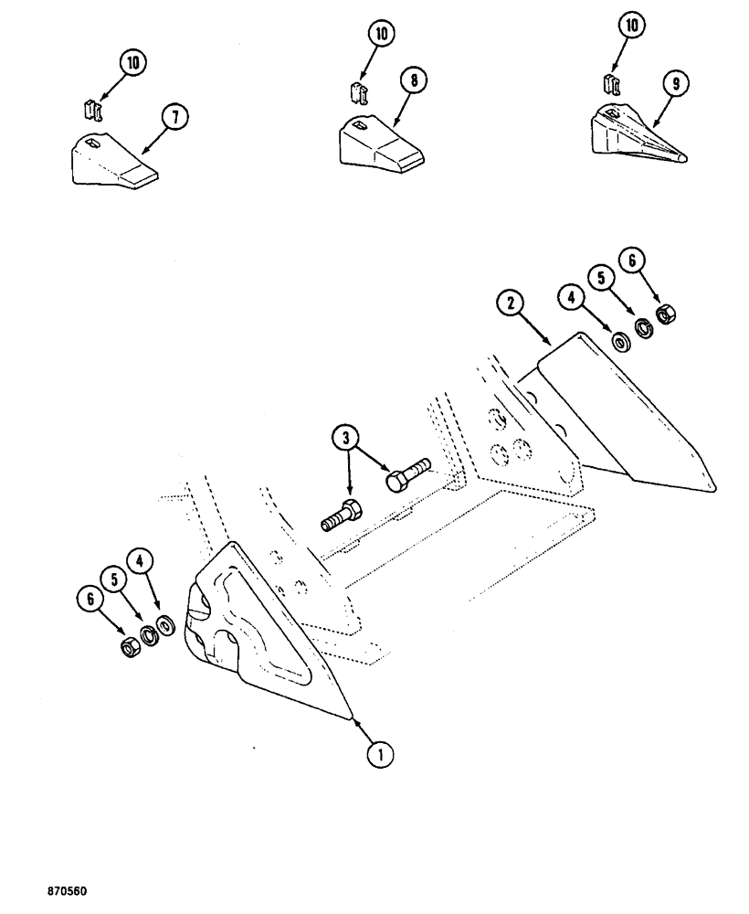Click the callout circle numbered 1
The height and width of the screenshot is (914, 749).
[381, 754]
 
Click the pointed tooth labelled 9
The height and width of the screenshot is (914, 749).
[639, 137]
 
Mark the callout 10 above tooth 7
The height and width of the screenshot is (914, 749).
[132, 63]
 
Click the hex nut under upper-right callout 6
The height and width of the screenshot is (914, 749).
[666, 315]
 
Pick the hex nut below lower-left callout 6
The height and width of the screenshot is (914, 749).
[130, 647]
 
